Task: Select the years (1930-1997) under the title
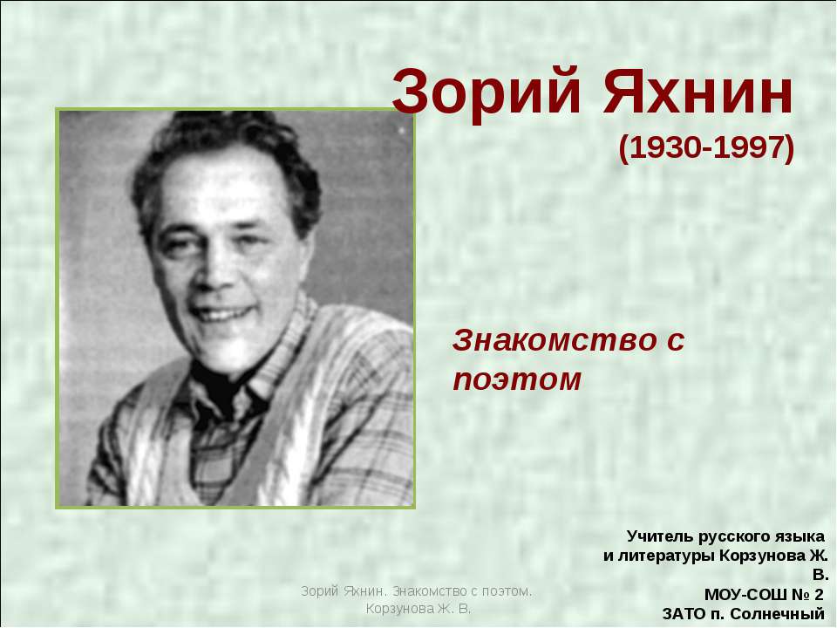tap(706, 148)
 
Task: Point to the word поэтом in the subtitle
tap(516, 379)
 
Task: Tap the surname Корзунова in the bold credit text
tap(761, 555)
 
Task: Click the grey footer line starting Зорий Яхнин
tap(417, 591)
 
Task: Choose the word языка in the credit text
tap(796, 535)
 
